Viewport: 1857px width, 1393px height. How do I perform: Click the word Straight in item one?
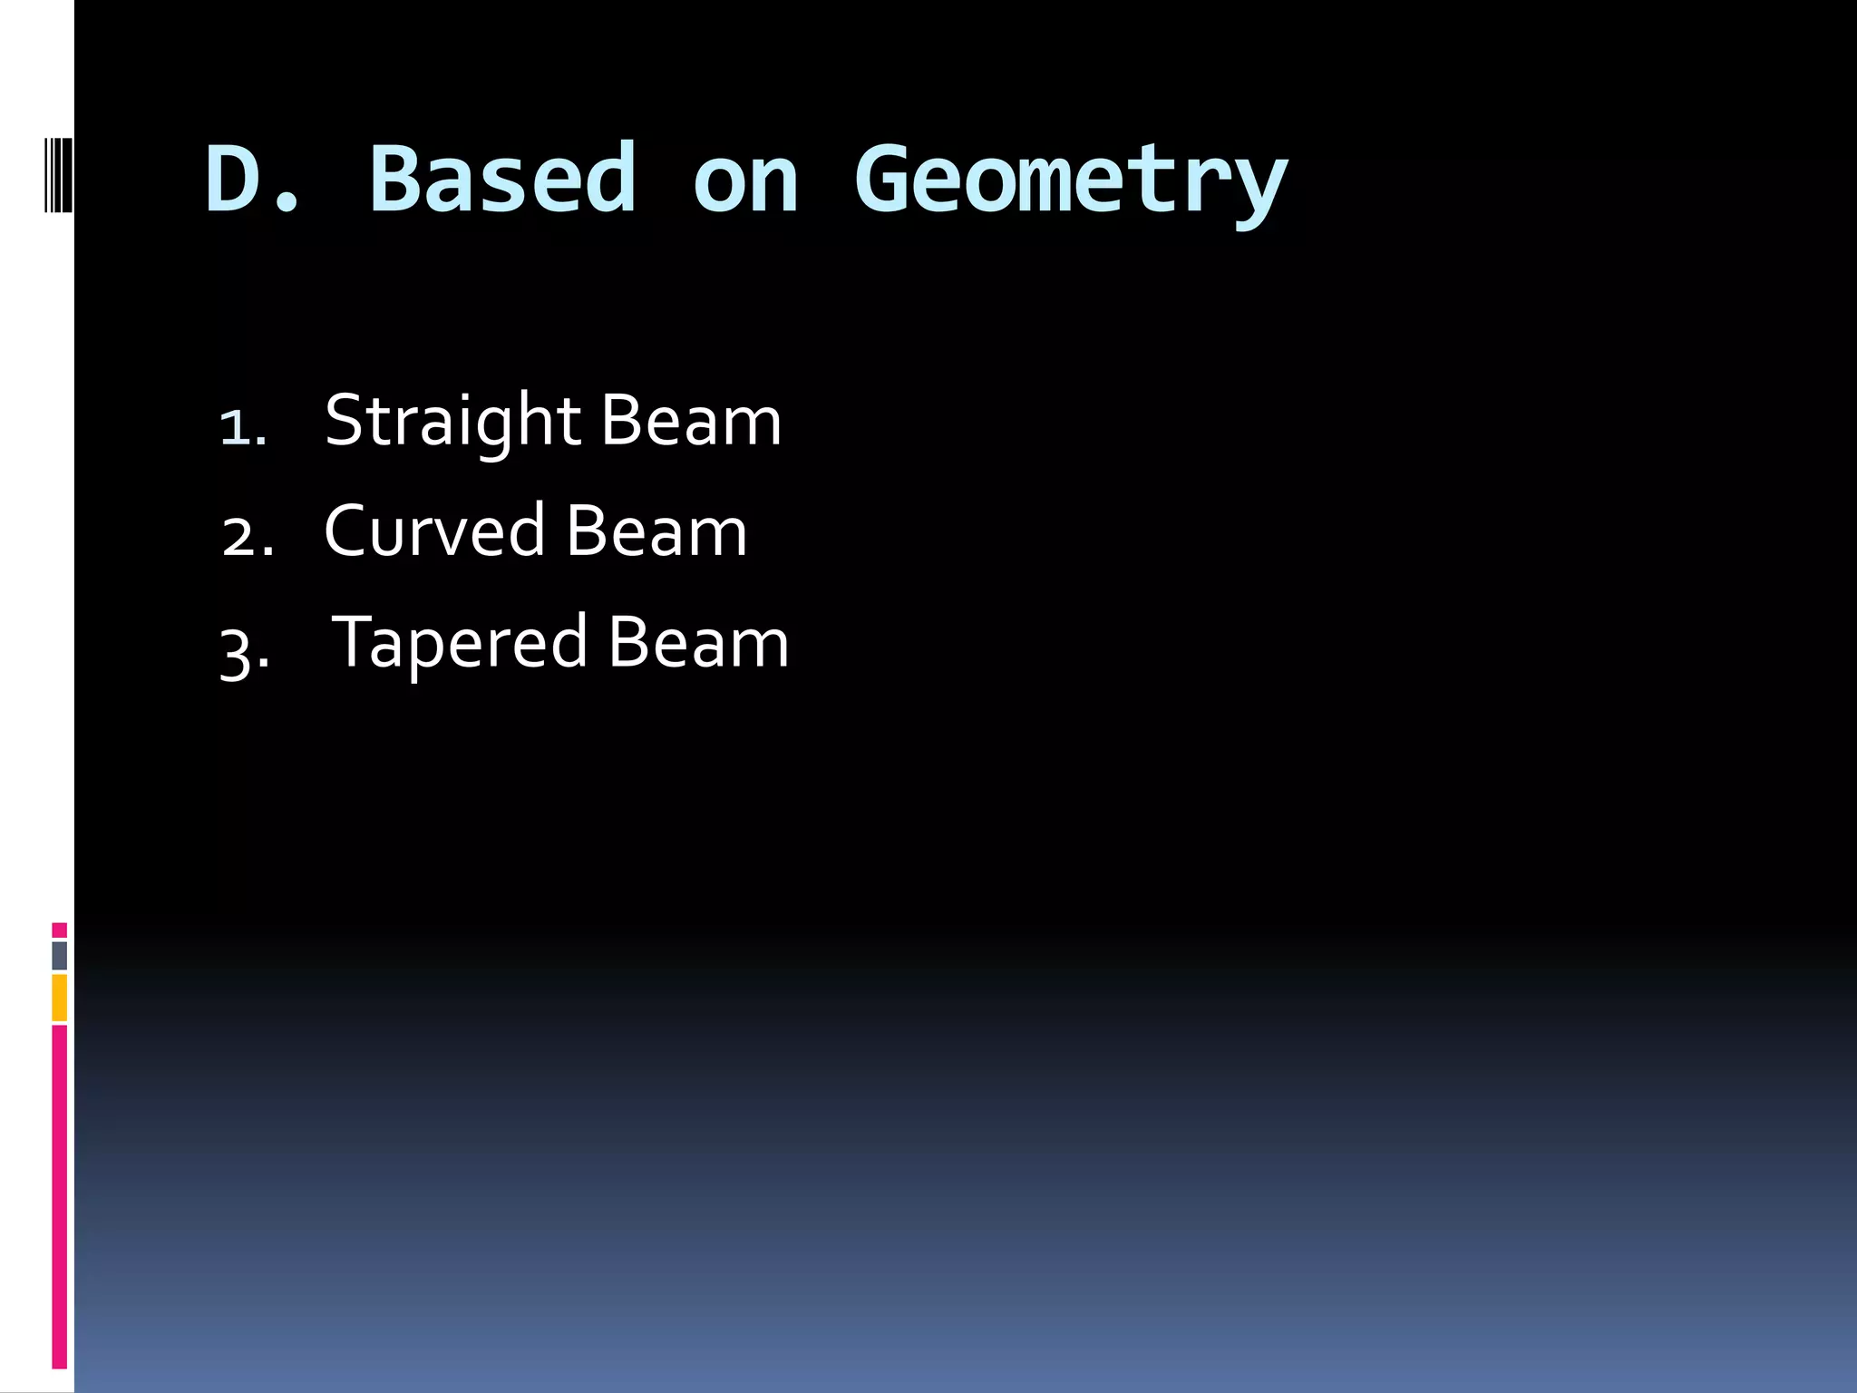(x=452, y=423)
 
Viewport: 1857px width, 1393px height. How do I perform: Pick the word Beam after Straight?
(x=690, y=422)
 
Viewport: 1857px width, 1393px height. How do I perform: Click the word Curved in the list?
(x=433, y=532)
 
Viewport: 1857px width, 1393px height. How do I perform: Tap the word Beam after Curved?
(x=656, y=532)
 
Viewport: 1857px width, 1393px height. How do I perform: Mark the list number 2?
(x=246, y=538)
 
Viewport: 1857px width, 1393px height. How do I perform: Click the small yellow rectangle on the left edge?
(x=59, y=998)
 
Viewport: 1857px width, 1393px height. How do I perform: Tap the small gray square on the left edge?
(x=59, y=955)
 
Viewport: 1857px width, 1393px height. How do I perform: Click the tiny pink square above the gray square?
(x=59, y=930)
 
